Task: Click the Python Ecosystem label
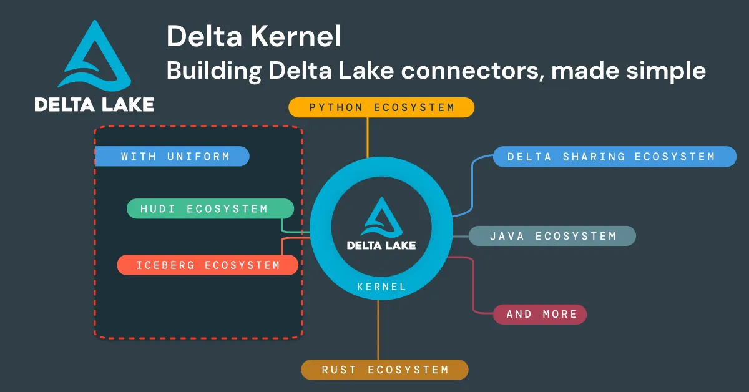(381, 107)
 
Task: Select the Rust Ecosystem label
(384, 370)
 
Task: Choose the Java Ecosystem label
(552, 236)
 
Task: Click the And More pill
(540, 314)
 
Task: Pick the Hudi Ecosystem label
(210, 208)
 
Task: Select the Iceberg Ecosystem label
(208, 265)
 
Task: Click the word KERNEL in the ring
(381, 287)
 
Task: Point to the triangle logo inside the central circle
(381, 215)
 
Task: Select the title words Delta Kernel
(253, 37)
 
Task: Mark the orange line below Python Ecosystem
(368, 137)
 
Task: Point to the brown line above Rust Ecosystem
(378, 331)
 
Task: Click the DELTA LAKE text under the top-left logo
(94, 104)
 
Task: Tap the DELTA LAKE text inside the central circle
(381, 245)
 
